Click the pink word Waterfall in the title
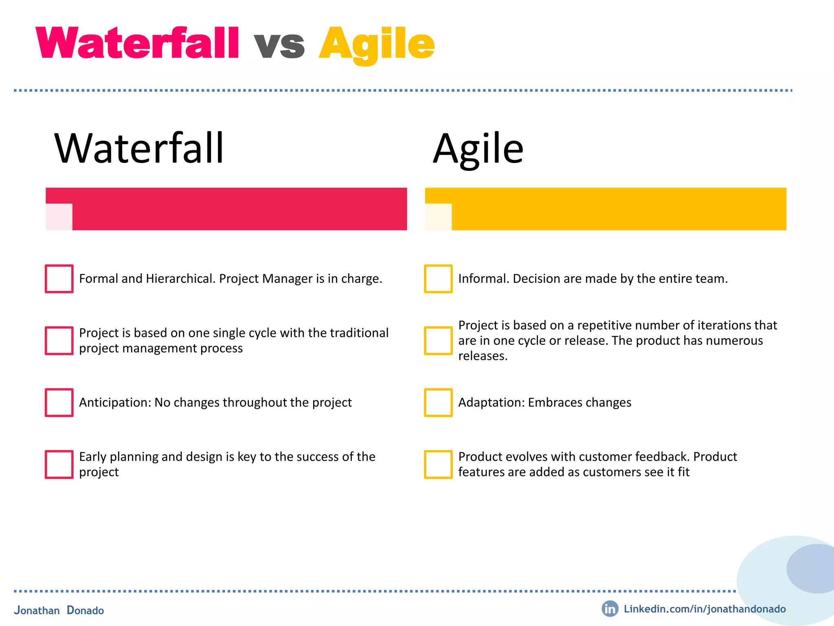[x=137, y=43]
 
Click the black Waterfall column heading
[x=139, y=148]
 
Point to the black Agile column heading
[x=478, y=149]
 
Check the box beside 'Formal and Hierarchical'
[x=59, y=279]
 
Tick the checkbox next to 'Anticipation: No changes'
[x=59, y=403]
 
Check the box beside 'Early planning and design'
[x=59, y=464]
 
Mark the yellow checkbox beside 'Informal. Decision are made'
[x=438, y=279]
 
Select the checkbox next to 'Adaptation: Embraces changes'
[x=438, y=403]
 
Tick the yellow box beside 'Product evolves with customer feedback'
[x=438, y=464]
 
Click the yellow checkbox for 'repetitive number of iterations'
[x=438, y=341]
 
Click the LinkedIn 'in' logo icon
[x=610, y=609]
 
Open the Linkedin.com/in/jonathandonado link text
[x=705, y=609]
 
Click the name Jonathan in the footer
[x=37, y=611]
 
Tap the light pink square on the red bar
[x=59, y=217]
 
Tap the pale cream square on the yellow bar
[x=439, y=217]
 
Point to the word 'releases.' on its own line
[x=483, y=356]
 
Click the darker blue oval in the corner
[x=810, y=569]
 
